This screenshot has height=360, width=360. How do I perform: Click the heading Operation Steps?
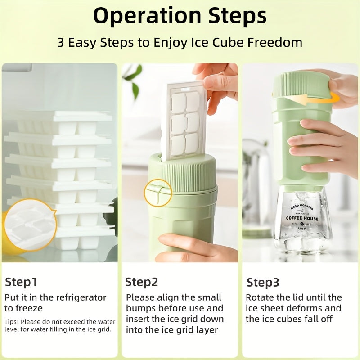[180, 16]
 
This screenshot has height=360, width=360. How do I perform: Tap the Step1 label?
[21, 282]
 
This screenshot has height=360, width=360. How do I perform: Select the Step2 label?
[142, 282]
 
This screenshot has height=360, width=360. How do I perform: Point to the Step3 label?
[263, 283]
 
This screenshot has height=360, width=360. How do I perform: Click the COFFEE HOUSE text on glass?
[302, 219]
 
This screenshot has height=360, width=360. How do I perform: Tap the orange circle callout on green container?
[157, 193]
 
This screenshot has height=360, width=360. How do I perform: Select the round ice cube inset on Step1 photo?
[30, 225]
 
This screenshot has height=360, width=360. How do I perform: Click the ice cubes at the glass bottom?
[302, 243]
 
